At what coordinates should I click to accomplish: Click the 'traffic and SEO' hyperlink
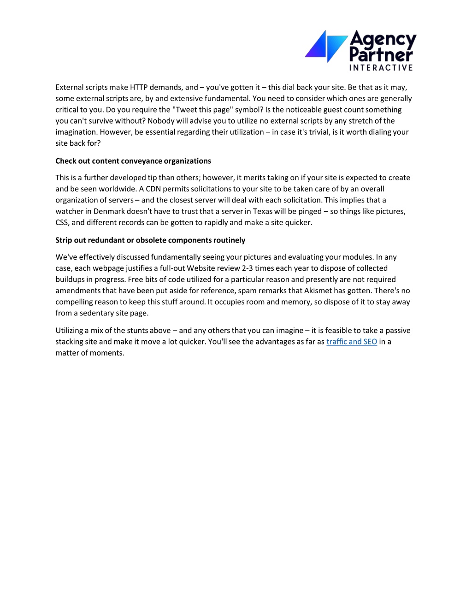click(352, 342)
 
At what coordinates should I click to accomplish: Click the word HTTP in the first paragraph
click(138, 87)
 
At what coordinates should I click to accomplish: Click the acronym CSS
click(62, 223)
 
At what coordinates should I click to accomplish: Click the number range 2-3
click(248, 268)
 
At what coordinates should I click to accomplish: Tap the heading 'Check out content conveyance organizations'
click(133, 161)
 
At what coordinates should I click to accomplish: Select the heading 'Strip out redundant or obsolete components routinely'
click(150, 240)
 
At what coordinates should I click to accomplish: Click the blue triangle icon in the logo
click(326, 46)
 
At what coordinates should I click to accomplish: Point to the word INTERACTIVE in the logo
click(381, 68)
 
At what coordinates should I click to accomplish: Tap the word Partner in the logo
click(381, 55)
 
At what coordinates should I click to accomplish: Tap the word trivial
click(318, 132)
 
